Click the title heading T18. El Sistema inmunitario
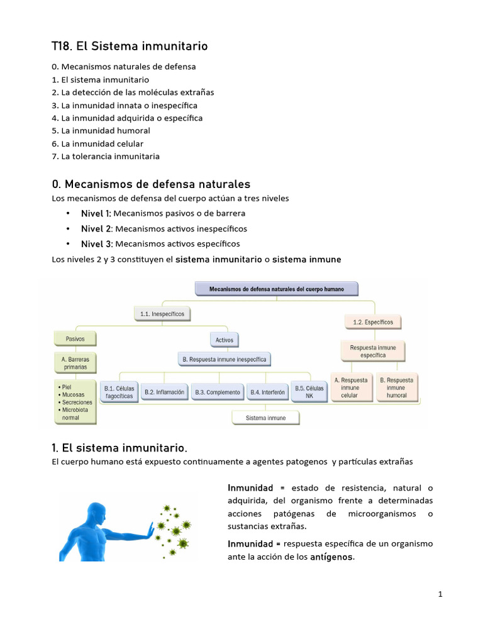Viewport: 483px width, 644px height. pyautogui.click(x=130, y=47)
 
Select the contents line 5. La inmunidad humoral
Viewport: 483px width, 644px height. pyautogui.click(x=101, y=131)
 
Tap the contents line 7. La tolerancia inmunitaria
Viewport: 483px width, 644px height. pyautogui.click(x=106, y=156)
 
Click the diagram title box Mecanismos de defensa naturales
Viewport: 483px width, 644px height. pyautogui.click(x=277, y=289)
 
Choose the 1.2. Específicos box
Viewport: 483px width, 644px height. pyautogui.click(x=373, y=322)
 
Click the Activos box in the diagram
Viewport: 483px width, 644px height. pyautogui.click(x=225, y=340)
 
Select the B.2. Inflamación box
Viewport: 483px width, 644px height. pyautogui.click(x=164, y=392)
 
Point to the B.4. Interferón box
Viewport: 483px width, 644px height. pyautogui.click(x=267, y=392)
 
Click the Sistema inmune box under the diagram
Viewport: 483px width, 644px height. pyautogui.click(x=265, y=418)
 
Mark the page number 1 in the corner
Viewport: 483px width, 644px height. pyautogui.click(x=440, y=594)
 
